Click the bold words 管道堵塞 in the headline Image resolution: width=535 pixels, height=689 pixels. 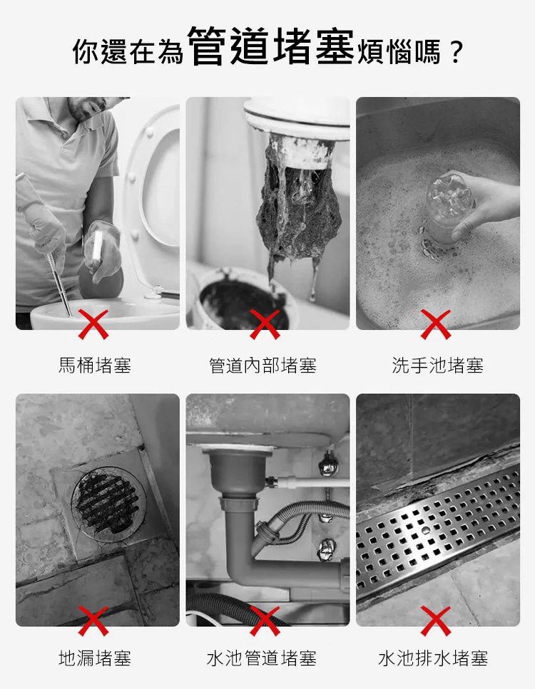pos(271,47)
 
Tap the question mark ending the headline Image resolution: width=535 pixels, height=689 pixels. pos(454,52)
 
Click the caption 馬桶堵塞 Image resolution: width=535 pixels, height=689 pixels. pos(95,366)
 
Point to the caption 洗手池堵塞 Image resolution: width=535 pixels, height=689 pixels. pos(437,366)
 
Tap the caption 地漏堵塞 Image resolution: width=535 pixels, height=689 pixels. pos(95,658)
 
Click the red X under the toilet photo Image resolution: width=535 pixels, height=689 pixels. pos(93,324)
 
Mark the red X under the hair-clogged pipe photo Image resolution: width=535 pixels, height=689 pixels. pos(265,324)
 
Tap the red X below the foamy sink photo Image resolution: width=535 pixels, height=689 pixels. pos(436,324)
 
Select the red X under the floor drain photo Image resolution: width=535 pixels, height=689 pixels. pos(93,621)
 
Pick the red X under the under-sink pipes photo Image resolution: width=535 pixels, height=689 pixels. pos(265,621)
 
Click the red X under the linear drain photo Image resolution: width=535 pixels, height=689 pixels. pos(436,621)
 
